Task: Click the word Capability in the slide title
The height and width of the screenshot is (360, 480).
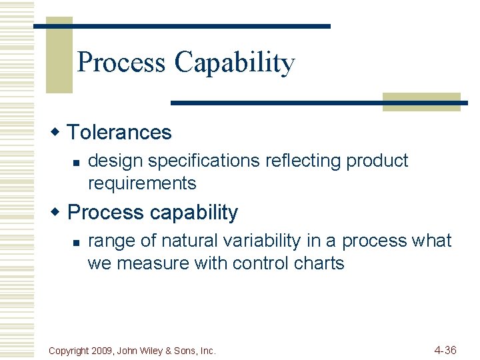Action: click(234, 63)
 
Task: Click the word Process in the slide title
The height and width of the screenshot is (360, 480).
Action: click(121, 62)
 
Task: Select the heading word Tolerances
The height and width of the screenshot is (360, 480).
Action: click(119, 132)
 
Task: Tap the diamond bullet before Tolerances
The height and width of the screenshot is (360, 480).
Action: click(58, 131)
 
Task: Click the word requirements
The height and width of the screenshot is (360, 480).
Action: click(142, 183)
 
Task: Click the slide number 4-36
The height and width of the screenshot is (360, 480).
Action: click(445, 349)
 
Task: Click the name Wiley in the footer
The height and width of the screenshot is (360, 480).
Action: click(155, 351)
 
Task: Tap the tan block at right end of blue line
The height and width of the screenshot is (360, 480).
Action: click(421, 102)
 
